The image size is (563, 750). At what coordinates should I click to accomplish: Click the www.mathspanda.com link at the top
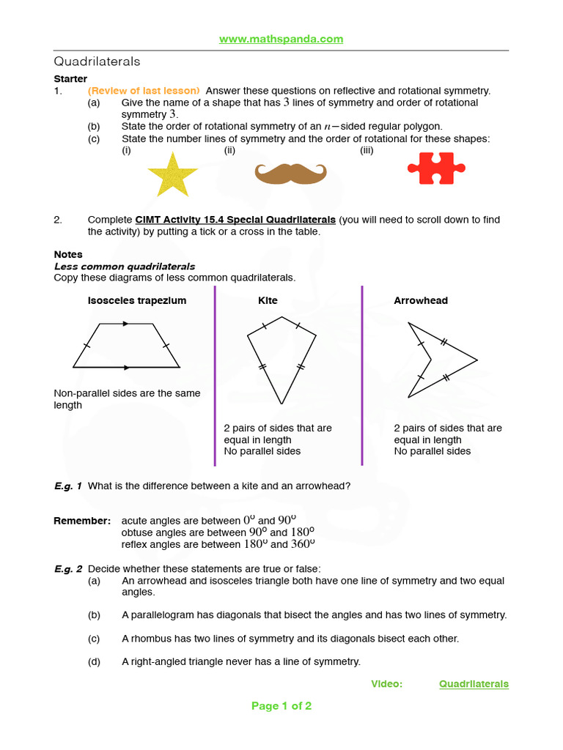281,39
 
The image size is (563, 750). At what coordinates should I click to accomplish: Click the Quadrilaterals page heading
97,62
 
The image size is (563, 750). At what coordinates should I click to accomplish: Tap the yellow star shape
172,174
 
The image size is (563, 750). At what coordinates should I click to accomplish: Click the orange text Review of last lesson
144,91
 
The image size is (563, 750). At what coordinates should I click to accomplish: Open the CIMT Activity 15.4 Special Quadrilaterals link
235,220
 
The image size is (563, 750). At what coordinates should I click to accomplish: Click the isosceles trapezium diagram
126,345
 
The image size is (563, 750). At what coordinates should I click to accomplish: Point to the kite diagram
281,359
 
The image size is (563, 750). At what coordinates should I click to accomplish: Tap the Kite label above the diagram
268,300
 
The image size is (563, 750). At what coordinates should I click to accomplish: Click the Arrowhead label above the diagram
421,300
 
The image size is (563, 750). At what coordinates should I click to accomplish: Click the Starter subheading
70,79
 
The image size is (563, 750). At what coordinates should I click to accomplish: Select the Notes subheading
68,255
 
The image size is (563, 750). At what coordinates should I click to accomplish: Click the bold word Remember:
82,521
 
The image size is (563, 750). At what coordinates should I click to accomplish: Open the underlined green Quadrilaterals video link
474,684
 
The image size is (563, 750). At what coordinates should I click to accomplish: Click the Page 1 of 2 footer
281,706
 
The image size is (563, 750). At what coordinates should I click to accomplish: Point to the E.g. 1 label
68,486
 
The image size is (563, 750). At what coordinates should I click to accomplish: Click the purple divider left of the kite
215,375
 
